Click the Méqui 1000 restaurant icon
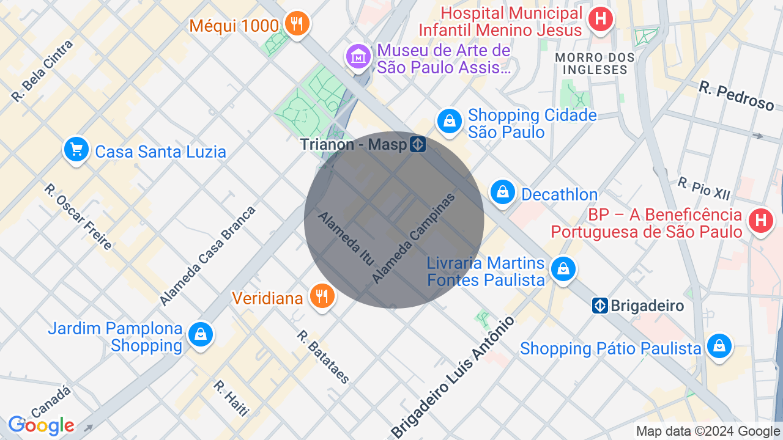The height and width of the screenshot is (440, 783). [x=297, y=24]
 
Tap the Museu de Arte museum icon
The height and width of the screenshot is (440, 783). [x=358, y=57]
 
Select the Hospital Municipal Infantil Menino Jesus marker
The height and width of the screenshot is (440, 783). [x=601, y=18]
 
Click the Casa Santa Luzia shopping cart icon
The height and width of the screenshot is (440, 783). [x=76, y=149]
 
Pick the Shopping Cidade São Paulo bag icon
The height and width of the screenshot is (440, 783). [x=450, y=121]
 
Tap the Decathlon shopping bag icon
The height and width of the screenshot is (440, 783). [x=502, y=192]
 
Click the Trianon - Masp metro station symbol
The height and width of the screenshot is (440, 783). [x=418, y=144]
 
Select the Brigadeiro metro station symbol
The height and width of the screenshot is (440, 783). [x=599, y=306]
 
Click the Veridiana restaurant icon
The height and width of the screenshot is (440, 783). [x=321, y=296]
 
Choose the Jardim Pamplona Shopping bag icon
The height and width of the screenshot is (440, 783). [x=200, y=334]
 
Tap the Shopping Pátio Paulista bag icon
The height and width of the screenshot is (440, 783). [x=719, y=346]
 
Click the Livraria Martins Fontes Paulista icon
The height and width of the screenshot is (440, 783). [x=563, y=269]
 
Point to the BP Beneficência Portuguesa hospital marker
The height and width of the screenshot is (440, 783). [x=761, y=220]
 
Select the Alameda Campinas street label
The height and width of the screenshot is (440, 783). [x=414, y=238]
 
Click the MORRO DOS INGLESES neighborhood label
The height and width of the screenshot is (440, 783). [x=594, y=64]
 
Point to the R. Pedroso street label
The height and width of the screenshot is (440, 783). [x=736, y=97]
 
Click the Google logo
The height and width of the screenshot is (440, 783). [x=41, y=425]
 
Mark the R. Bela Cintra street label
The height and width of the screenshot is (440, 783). [x=42, y=71]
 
